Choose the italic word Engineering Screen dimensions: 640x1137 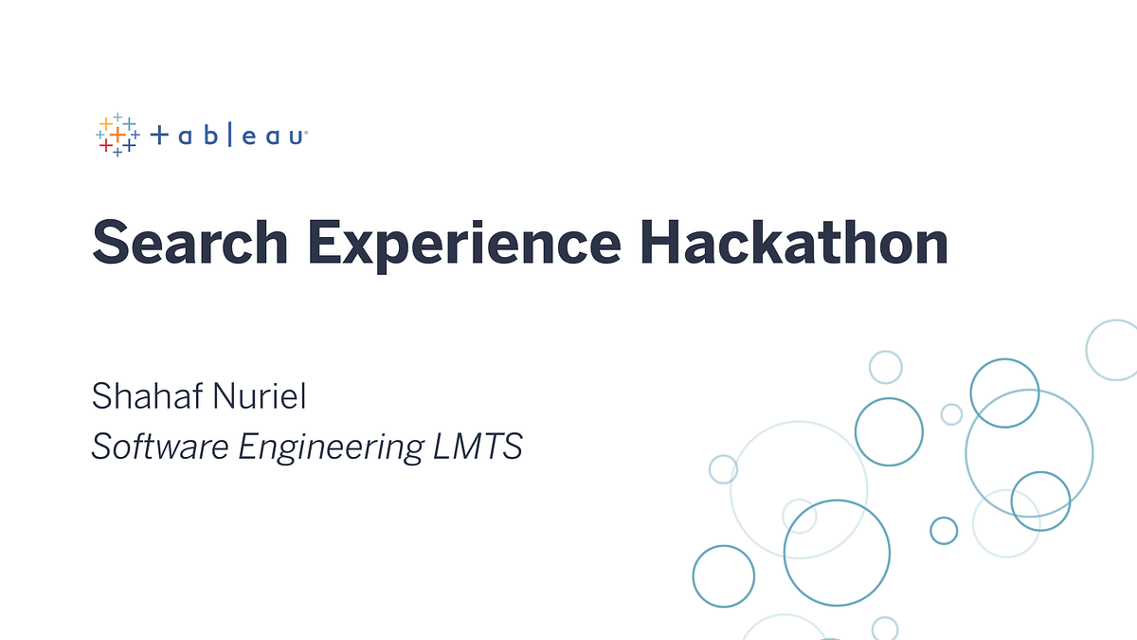point(330,448)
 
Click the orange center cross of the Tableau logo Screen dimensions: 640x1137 point(117,136)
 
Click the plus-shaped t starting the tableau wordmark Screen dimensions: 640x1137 point(159,137)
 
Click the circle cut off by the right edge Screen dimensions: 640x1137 point(1114,350)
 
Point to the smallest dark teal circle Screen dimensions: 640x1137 point(944,530)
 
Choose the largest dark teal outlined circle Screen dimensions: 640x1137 point(837,553)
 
